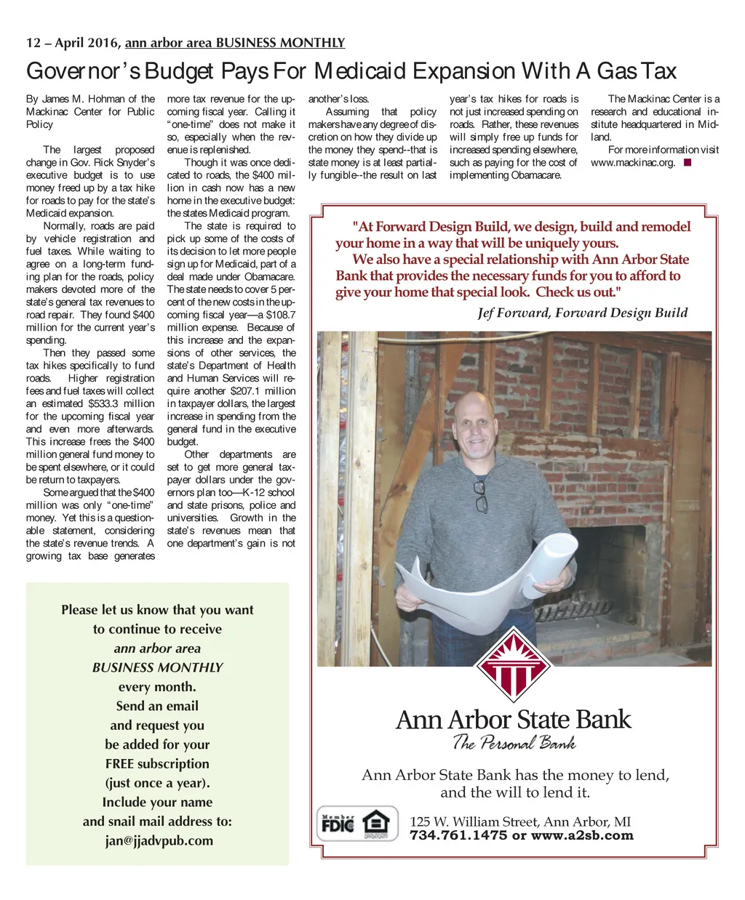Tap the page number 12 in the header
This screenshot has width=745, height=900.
point(33,43)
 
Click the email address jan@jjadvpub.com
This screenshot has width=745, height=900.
point(159,841)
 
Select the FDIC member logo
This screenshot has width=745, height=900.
point(338,824)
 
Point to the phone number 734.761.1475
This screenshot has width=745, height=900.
point(458,835)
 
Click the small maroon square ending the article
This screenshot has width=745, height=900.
point(688,163)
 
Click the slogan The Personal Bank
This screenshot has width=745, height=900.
point(514,743)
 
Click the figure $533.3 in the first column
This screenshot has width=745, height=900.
point(103,403)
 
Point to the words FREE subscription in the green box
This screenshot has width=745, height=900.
point(157,764)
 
